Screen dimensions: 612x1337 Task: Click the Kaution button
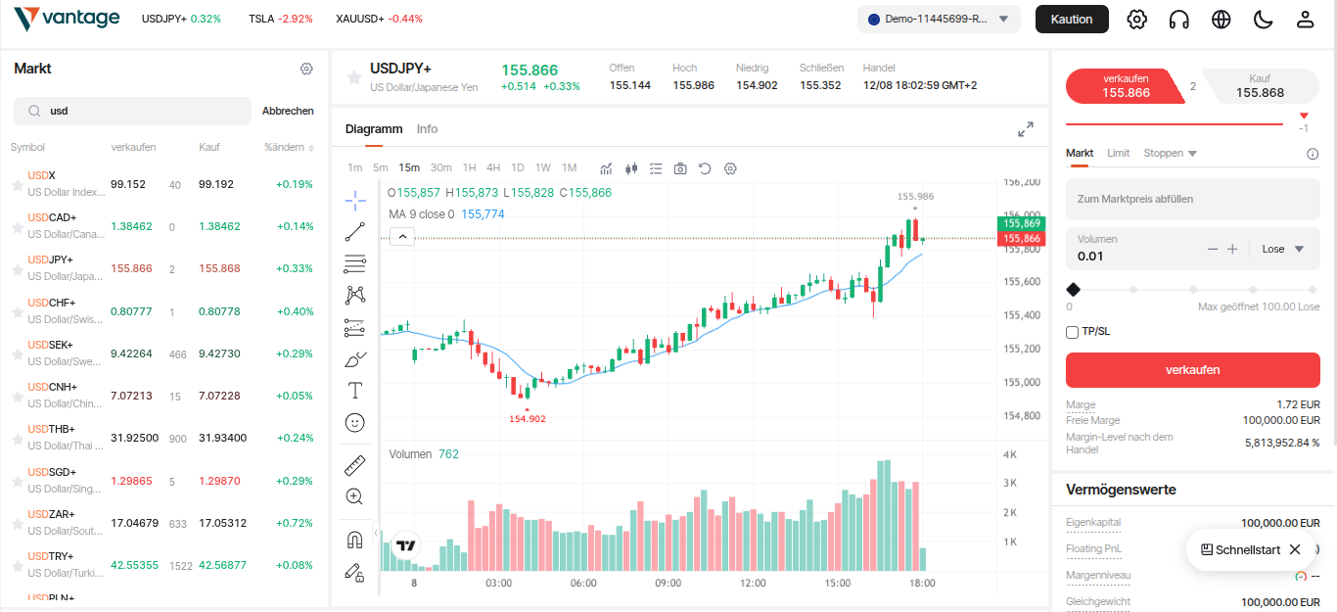[x=1072, y=20]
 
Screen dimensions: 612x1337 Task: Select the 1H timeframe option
[x=469, y=167]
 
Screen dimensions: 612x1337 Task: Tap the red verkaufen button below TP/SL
[x=1192, y=370]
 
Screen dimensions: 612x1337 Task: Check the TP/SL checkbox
[x=1073, y=332]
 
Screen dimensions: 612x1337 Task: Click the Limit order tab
[x=1118, y=154]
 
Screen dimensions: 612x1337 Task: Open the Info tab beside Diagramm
[x=427, y=129]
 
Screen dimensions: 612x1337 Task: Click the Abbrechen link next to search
[x=288, y=112]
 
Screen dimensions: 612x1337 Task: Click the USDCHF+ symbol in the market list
[x=52, y=303]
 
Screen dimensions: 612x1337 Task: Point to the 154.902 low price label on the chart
[x=528, y=419]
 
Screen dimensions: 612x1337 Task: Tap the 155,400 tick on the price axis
[x=1024, y=315]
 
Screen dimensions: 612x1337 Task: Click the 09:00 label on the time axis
[x=668, y=584]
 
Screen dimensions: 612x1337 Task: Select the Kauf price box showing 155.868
[x=1260, y=86]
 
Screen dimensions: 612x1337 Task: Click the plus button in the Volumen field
[x=1232, y=249]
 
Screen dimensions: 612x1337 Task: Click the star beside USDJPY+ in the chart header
[x=353, y=77]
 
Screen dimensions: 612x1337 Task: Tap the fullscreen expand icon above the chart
[x=1025, y=129]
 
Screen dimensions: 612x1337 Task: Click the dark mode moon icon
[x=1263, y=20]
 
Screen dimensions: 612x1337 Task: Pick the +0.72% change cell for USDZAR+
[x=294, y=523]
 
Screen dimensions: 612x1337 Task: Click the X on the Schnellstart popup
[x=1295, y=549]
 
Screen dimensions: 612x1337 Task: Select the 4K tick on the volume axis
[x=1011, y=455]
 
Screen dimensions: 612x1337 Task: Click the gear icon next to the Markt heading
[x=306, y=69]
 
